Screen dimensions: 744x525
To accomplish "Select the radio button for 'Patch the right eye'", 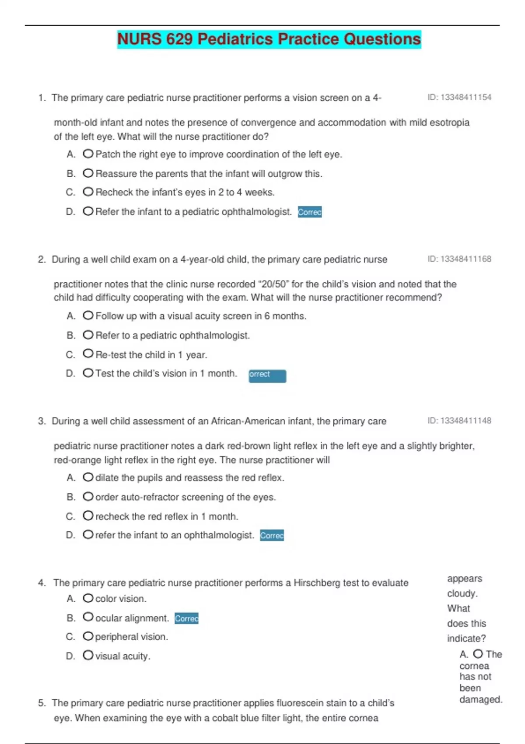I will coord(88,154).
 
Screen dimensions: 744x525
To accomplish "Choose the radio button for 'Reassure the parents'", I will coord(88,173).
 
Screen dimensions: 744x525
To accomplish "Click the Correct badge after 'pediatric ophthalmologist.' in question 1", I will coord(310,212).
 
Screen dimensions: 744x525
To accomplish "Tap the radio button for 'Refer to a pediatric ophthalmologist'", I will coord(88,335).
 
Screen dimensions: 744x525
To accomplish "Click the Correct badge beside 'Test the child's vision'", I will coord(267,376).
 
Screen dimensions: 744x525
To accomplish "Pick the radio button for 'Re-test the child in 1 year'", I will coord(88,354).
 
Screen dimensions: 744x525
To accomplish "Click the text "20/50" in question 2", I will coord(274,284).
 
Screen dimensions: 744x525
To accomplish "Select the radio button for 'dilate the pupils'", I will coord(88,477).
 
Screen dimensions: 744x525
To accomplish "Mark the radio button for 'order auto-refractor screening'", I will coord(88,496).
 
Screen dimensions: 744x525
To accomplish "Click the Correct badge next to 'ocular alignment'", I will coord(186,618).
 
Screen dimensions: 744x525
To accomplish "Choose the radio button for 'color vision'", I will coord(88,598).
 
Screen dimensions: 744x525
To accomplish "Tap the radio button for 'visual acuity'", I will coord(88,655).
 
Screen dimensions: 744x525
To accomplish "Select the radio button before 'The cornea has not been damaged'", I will coord(478,654).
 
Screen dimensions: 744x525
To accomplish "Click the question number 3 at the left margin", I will coord(42,421).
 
